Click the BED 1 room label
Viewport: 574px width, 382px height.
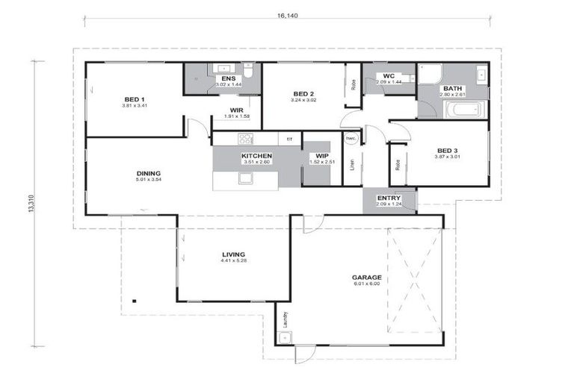point(135,99)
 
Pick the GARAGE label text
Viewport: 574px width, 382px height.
point(366,278)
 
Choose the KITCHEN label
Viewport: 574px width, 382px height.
point(256,156)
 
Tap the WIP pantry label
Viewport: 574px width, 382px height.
point(322,156)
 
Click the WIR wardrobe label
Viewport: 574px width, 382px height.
point(238,110)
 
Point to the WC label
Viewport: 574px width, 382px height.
point(389,76)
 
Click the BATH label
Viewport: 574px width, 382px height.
point(453,88)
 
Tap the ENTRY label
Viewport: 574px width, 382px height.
point(389,198)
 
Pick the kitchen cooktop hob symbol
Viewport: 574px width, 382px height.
point(244,138)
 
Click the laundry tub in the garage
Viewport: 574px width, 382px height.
point(283,337)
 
